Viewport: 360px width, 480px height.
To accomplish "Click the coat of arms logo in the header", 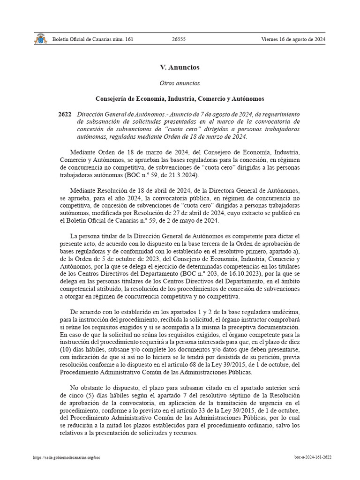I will pyautogui.click(x=40, y=39).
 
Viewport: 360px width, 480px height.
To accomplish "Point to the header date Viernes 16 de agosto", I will pyautogui.click(x=293, y=39).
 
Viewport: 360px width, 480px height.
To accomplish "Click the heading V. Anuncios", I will pyautogui.click(x=180, y=67).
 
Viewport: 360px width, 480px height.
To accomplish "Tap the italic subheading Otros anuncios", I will pyautogui.click(x=180, y=83).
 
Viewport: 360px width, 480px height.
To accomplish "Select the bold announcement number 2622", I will pyautogui.click(x=65, y=114).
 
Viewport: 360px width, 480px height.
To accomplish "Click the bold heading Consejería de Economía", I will pyautogui.click(x=180, y=99).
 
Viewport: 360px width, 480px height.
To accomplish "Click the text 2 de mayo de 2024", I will pyautogui.click(x=193, y=221).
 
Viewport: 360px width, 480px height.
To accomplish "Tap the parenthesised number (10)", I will pyautogui.click(x=67, y=350).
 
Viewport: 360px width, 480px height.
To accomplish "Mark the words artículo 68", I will pyautogui.click(x=195, y=365).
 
